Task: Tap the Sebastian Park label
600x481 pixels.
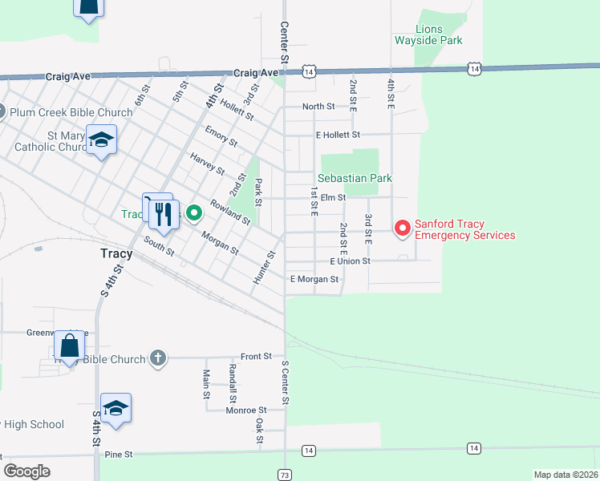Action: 355,178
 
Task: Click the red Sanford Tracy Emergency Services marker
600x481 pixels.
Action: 402,228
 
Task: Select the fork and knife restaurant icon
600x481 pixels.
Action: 164,212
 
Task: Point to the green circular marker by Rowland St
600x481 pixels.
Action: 194,213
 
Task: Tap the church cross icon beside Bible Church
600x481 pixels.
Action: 158,358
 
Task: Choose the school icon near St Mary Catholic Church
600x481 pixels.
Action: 102,141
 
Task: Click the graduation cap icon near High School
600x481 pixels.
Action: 116,409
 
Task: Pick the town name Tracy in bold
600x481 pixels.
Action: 116,253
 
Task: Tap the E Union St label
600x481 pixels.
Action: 349,261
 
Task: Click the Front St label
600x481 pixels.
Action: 257,356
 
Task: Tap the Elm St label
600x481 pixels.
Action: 332,197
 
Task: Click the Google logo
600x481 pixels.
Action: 26,471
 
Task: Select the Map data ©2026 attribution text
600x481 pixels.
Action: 565,475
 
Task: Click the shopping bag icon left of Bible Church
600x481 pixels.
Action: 70,346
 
